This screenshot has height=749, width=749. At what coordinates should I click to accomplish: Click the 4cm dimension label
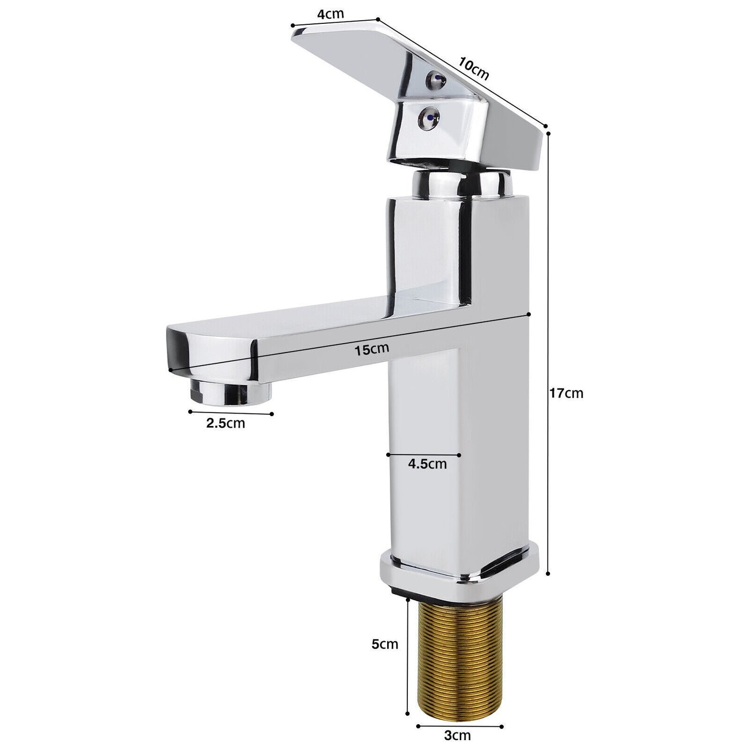coord(330,13)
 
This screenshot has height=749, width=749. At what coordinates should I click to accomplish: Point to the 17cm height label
coord(566,393)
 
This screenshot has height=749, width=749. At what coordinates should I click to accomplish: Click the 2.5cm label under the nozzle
coord(225,423)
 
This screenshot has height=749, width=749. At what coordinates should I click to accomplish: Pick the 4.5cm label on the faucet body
coord(427,463)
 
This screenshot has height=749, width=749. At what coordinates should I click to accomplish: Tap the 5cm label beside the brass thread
coord(385,644)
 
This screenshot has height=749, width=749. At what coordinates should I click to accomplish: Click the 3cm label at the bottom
coord(458,735)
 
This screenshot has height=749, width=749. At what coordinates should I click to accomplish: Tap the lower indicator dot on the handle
coord(429,117)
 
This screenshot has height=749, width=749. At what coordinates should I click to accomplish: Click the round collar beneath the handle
coord(461,185)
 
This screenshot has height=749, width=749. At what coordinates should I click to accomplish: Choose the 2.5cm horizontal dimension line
coord(231,413)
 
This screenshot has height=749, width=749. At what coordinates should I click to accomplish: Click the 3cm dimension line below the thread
coord(459,725)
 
